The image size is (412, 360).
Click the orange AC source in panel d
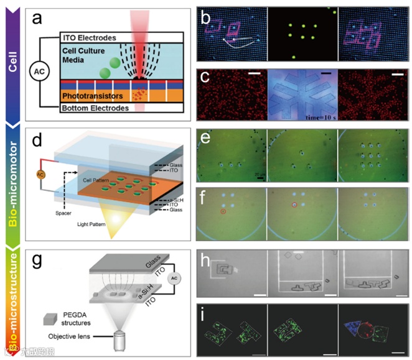[42, 172]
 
